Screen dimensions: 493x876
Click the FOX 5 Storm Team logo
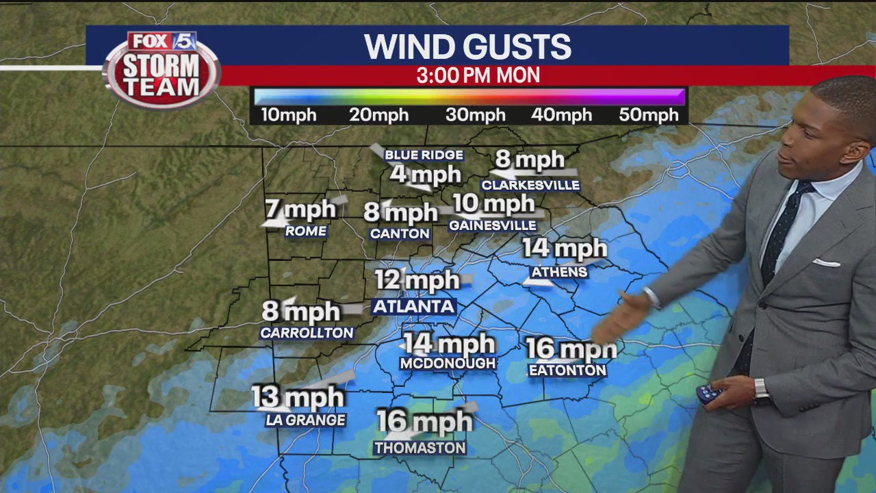click(x=162, y=69)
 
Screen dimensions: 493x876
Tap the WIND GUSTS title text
click(x=467, y=47)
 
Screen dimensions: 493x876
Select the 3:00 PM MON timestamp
click(x=478, y=75)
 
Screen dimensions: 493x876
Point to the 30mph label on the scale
click(x=475, y=115)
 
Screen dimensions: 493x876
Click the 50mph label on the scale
click(x=648, y=115)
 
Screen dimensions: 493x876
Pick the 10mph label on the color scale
click(x=288, y=115)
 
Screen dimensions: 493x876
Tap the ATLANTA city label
click(x=413, y=306)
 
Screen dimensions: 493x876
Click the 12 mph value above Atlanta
click(x=417, y=280)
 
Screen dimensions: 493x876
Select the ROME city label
click(x=305, y=231)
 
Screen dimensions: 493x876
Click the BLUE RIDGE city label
click(x=424, y=155)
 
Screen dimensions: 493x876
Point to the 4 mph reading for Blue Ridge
click(x=425, y=175)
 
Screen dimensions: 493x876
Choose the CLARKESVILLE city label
click(x=530, y=185)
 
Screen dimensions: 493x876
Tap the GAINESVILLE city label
click(x=492, y=225)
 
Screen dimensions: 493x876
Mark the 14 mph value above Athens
click(x=565, y=248)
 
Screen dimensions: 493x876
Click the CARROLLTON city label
click(x=307, y=333)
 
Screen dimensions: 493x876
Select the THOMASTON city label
click(x=420, y=448)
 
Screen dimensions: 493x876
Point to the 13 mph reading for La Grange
click(x=298, y=397)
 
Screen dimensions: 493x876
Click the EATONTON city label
click(x=567, y=370)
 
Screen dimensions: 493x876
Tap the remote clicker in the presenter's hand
click(x=708, y=394)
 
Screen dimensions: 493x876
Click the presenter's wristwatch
click(x=760, y=390)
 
